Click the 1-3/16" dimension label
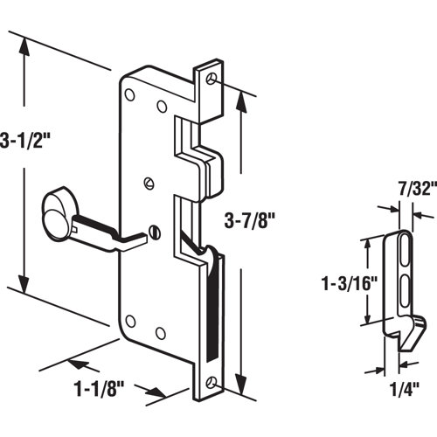343,283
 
